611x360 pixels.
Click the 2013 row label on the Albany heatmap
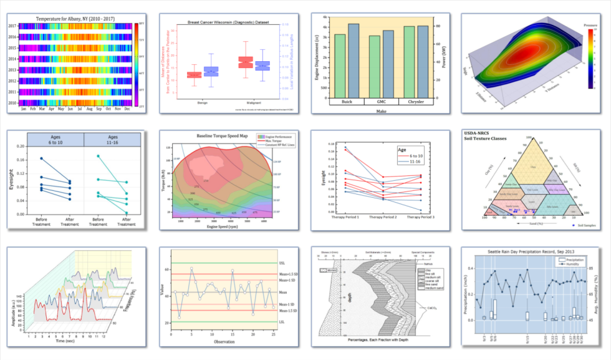12,70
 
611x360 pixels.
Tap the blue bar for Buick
354,60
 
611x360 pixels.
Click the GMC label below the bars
381,102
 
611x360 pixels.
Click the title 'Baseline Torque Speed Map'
221,135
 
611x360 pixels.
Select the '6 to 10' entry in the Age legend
415,156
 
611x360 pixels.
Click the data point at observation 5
191,268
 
